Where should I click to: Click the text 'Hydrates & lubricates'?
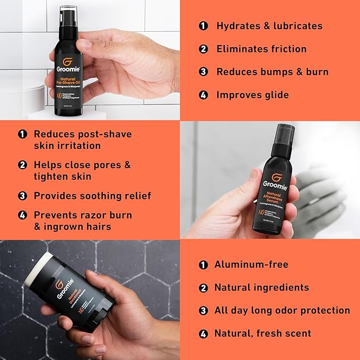pyautogui.click(x=269, y=26)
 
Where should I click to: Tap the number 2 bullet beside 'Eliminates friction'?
pyautogui.click(x=203, y=49)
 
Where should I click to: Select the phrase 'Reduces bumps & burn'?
pyautogui.click(x=272, y=72)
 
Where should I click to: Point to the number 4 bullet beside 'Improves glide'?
pyautogui.click(x=203, y=95)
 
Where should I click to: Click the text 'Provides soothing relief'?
pyautogui.click(x=92, y=196)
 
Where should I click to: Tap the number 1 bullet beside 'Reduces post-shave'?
pyautogui.click(x=22, y=134)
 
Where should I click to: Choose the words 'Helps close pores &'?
pyautogui.click(x=82, y=165)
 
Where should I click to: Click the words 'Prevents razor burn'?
pyautogui.click(x=83, y=215)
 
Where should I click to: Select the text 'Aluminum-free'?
pyautogui.click(x=251, y=264)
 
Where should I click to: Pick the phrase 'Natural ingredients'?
pyautogui.click(x=261, y=287)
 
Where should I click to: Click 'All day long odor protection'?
pyautogui.click(x=282, y=310)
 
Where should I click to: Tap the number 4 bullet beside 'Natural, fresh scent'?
pyautogui.click(x=203, y=333)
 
